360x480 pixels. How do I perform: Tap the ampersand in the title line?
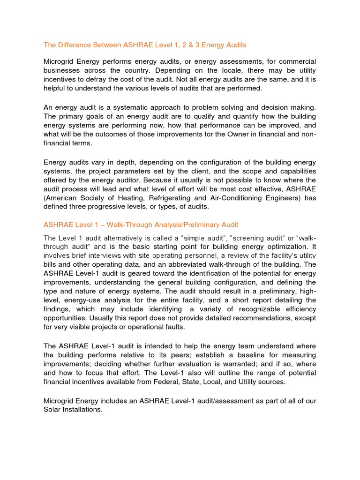[x=179, y=45]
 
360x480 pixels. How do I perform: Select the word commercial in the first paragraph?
[x=294, y=62]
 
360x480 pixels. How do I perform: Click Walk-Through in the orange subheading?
[x=124, y=225]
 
